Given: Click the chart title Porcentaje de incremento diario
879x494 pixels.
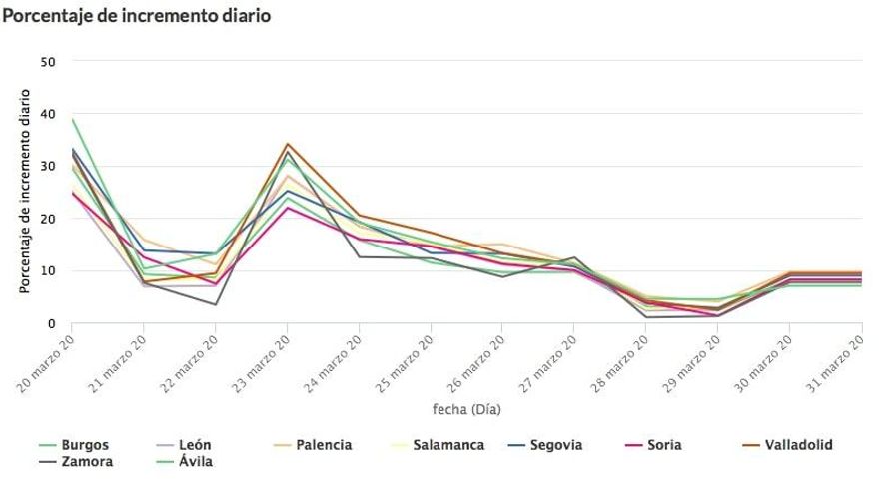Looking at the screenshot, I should click(136, 17).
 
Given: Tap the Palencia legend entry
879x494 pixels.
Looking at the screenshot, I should click(323, 445).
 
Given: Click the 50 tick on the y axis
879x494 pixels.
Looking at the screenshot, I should click(49, 62).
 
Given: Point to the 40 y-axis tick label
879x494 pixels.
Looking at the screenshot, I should click(49, 114).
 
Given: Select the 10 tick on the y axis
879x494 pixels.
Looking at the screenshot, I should click(49, 270).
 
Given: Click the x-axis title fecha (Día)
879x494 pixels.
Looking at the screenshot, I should click(466, 409).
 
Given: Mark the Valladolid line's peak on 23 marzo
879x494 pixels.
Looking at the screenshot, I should click(288, 144).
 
